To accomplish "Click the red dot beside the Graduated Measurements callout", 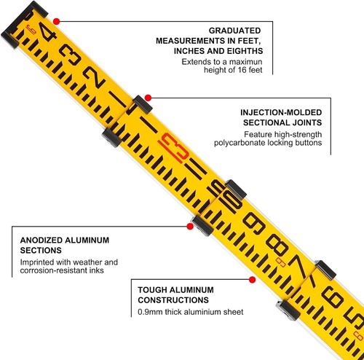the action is tap(57, 21).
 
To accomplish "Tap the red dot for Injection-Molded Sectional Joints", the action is tap(148, 98).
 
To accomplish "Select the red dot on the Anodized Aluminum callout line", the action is tap(190, 227).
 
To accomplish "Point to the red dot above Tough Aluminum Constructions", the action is tap(253, 280).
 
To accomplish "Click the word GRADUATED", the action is tap(234, 31).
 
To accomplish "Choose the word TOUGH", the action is tap(152, 290).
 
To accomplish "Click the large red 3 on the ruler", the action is tap(174, 148).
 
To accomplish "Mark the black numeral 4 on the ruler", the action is tap(47, 33).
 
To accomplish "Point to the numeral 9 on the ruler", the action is tap(254, 223).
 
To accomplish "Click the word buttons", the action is tap(309, 143).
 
